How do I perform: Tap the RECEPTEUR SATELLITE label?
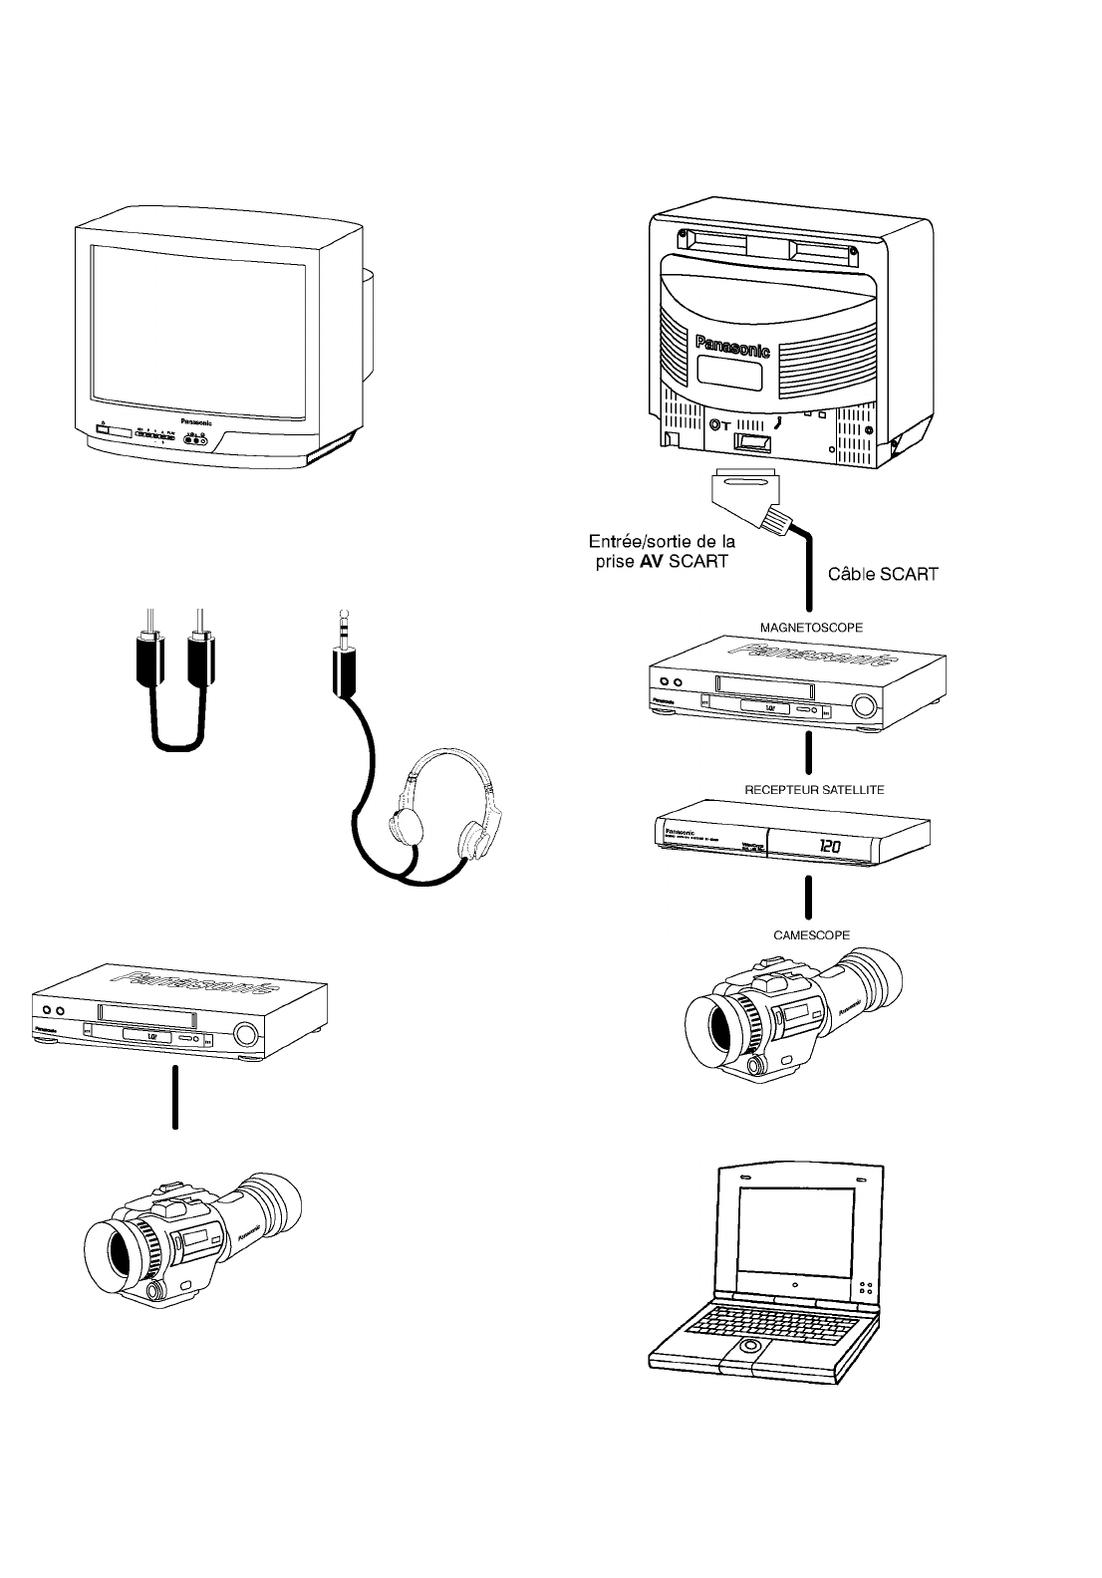pos(814,789)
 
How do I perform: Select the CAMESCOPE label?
pos(811,935)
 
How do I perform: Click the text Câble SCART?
pos(883,575)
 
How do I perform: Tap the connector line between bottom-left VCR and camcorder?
pos(175,1096)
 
